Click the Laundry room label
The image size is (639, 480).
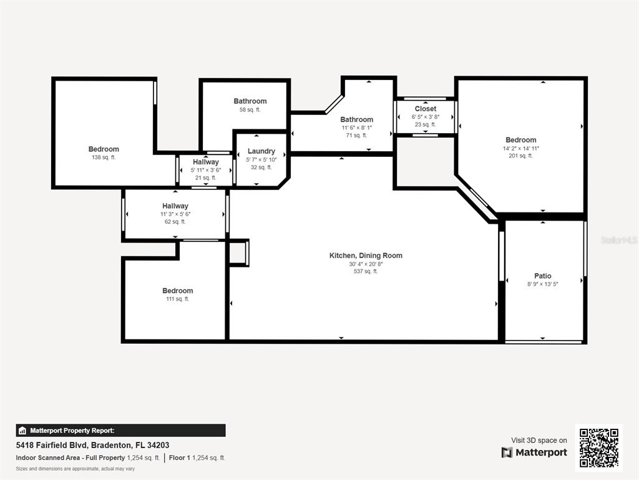pyautogui.click(x=261, y=151)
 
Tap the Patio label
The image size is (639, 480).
pyautogui.click(x=542, y=276)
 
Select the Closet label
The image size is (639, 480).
pyautogui.click(x=426, y=109)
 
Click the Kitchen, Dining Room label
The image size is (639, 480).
pyautogui.click(x=366, y=256)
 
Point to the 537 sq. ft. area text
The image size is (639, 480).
pyautogui.click(x=366, y=271)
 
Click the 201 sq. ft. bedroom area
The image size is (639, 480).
pyautogui.click(x=520, y=156)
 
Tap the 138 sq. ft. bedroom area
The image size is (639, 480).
pyautogui.click(x=104, y=157)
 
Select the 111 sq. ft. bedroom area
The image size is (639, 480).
pyautogui.click(x=177, y=299)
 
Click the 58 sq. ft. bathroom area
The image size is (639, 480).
pyautogui.click(x=250, y=110)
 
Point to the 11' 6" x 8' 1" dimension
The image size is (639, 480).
pyautogui.click(x=356, y=127)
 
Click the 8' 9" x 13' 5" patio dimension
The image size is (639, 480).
pyautogui.click(x=542, y=284)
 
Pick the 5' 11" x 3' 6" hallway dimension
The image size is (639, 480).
pyautogui.click(x=205, y=170)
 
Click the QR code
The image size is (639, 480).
pyautogui.click(x=599, y=447)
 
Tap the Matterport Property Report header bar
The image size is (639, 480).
pyautogui.click(x=120, y=431)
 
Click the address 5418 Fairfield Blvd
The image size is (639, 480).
pyautogui.click(x=52, y=445)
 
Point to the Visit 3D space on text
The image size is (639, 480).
pyautogui.click(x=539, y=441)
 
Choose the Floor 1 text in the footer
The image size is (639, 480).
pyautogui.click(x=179, y=458)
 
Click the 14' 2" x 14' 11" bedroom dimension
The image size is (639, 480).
pyautogui.click(x=520, y=148)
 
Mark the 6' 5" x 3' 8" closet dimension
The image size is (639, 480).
pyautogui.click(x=426, y=117)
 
